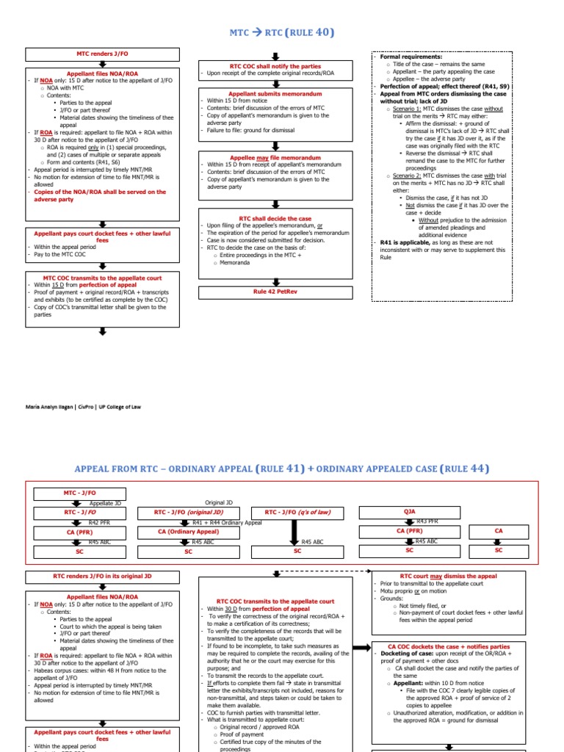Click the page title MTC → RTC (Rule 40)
282,32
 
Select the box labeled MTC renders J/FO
102,54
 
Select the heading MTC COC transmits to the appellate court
102,278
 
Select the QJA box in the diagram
409,512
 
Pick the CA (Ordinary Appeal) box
188,531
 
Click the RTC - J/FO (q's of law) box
297,512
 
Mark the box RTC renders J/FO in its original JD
102,577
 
